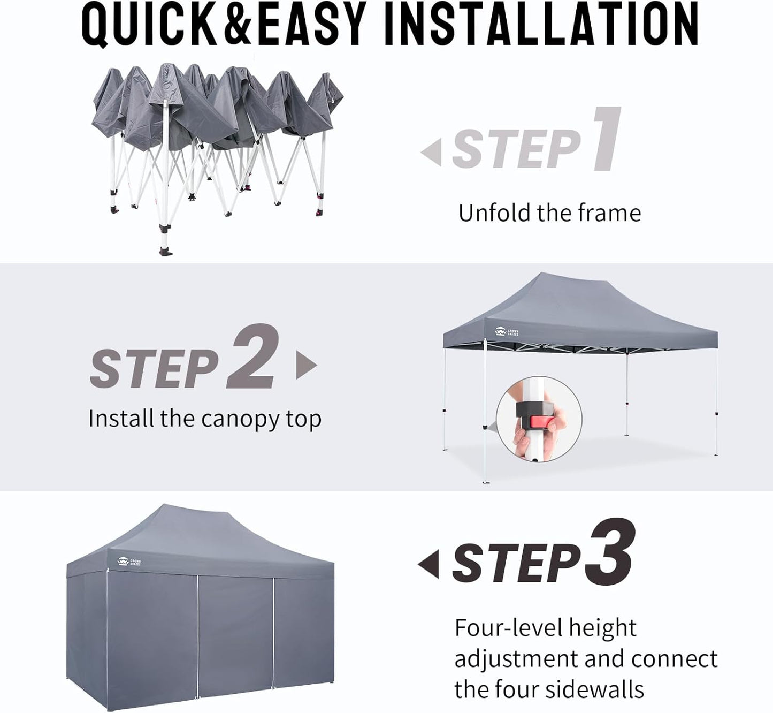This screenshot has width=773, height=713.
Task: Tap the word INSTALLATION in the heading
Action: (541, 24)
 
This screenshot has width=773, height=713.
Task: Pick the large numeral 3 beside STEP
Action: (610, 552)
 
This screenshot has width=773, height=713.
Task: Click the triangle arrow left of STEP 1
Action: (432, 152)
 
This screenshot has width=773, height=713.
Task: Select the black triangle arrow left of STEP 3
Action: (429, 564)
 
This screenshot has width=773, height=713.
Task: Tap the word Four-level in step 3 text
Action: (508, 627)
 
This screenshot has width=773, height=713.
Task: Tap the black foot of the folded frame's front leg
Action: (165, 251)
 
